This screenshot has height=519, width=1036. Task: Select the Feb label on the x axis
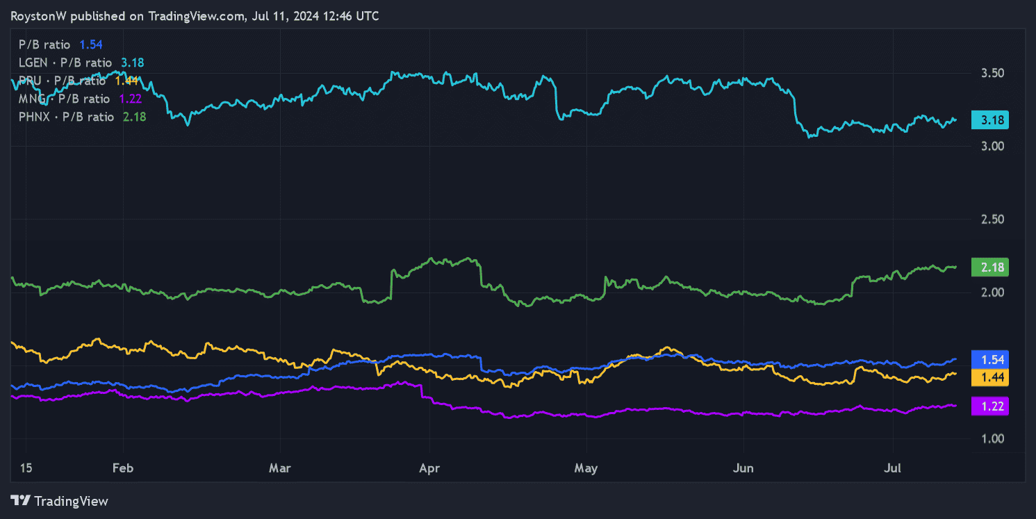click(123, 468)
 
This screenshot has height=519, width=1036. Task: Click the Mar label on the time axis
click(279, 468)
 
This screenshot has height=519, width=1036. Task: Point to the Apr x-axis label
click(430, 468)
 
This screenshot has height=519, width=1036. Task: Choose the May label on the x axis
click(586, 468)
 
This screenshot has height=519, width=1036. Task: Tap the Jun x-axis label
click(743, 468)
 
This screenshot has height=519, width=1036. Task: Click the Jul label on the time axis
click(892, 468)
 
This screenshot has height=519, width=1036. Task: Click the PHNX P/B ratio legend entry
click(66, 117)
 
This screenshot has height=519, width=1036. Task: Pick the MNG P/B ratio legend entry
click(64, 99)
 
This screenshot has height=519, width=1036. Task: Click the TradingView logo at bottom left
click(60, 500)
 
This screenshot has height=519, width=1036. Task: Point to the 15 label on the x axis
click(26, 468)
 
